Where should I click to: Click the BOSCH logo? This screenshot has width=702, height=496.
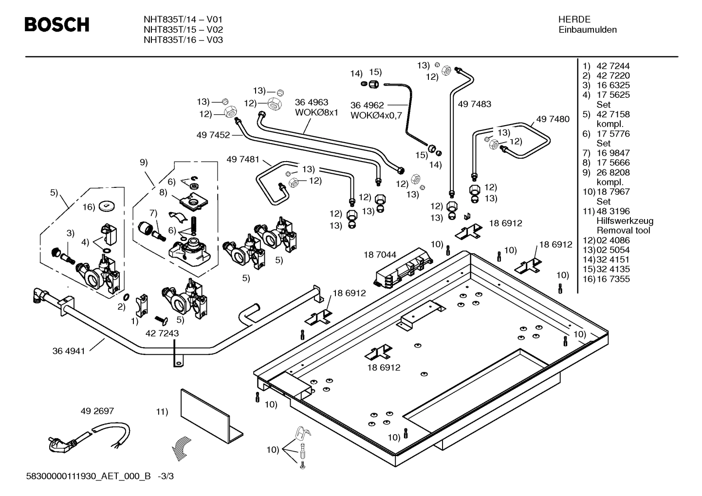click(x=57, y=24)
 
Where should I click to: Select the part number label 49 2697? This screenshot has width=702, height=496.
click(x=97, y=411)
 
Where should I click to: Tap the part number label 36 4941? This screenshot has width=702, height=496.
click(x=69, y=351)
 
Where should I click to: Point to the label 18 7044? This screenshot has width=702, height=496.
click(x=380, y=255)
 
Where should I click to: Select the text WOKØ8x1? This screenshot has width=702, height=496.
click(x=316, y=112)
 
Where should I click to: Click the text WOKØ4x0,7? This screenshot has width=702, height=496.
click(x=376, y=116)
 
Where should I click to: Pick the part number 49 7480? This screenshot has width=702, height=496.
click(x=553, y=119)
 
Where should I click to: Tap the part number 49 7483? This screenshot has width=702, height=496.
click(x=475, y=104)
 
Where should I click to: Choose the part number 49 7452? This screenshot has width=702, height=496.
click(x=213, y=135)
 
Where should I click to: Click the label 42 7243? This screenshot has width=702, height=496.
click(x=162, y=333)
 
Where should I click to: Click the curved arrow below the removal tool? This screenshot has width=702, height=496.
click(x=182, y=448)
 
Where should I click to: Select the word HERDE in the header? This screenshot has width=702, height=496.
click(x=574, y=19)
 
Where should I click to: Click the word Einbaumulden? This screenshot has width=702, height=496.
click(x=588, y=30)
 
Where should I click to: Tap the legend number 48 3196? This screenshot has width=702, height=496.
click(x=613, y=211)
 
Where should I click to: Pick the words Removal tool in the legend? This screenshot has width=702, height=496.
click(x=623, y=231)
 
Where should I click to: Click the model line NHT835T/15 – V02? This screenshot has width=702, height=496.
click(x=184, y=30)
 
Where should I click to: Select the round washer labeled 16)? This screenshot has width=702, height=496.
click(x=107, y=206)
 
